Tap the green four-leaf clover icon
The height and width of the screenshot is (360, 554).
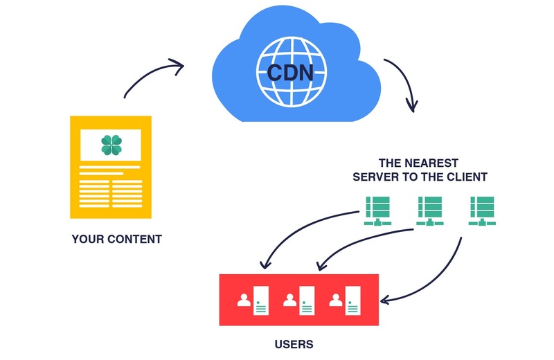111,144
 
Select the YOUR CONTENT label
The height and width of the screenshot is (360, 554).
116,240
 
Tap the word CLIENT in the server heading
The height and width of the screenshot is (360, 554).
468,177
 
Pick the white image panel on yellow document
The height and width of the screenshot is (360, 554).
111,144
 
